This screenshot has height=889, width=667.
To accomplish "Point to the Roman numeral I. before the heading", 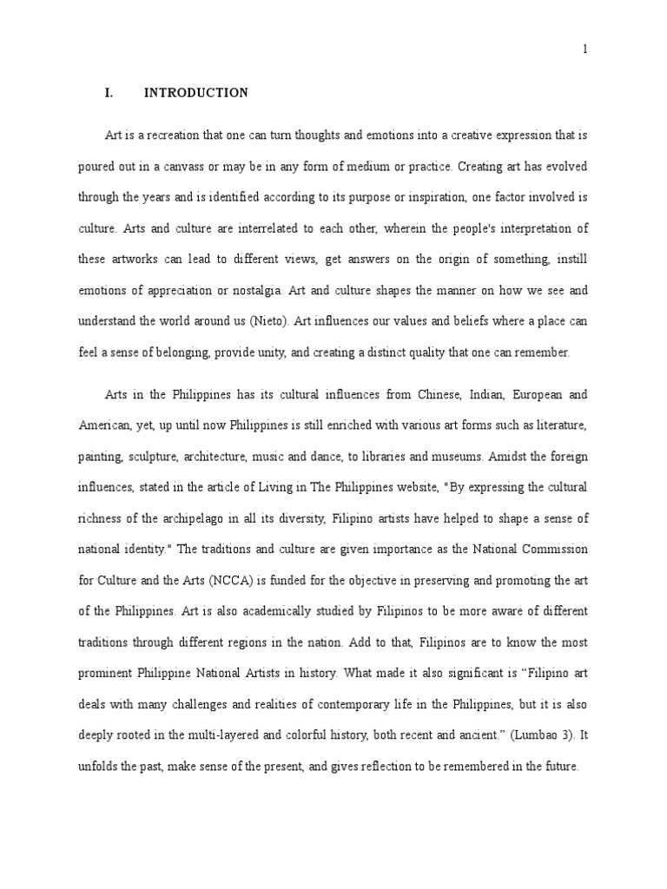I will tap(109, 93).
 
